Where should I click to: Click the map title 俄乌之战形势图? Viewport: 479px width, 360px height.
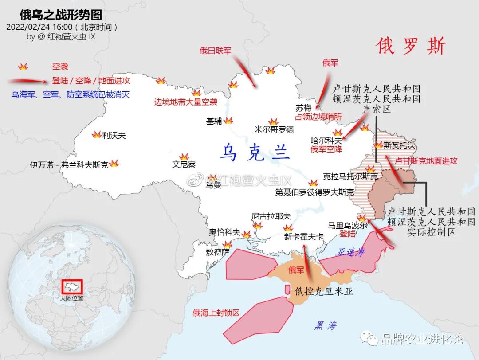(61, 14)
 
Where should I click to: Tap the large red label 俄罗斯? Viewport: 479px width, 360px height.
(411, 46)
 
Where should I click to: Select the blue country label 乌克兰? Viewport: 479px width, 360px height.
(255, 152)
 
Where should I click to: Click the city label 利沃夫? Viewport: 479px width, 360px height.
(114, 135)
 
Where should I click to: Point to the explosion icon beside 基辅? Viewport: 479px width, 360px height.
(228, 121)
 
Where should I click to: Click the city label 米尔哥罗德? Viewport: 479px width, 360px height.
(274, 129)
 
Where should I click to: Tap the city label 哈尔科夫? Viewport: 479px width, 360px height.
(326, 141)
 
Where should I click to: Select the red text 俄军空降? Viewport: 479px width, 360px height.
(326, 149)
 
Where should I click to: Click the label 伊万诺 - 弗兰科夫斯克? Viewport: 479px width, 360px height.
(69, 164)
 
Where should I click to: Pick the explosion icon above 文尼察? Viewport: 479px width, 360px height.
(184, 157)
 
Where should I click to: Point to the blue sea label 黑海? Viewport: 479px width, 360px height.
(326, 326)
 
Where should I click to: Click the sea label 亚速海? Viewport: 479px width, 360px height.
(351, 252)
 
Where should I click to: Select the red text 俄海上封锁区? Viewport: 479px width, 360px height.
(216, 313)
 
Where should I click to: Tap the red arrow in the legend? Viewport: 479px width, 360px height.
(28, 81)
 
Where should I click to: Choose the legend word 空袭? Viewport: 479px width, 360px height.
(60, 67)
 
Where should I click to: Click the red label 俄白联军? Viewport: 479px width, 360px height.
(216, 51)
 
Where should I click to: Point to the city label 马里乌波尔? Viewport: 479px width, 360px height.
(348, 225)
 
